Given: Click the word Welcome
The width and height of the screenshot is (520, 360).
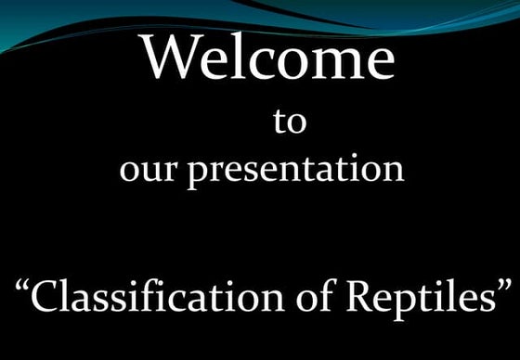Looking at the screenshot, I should [268, 58].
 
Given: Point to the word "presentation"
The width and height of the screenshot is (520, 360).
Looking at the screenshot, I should [296, 173].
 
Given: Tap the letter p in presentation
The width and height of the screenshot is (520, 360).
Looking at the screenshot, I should [198, 176].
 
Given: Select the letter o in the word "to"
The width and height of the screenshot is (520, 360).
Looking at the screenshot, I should [296, 124].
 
